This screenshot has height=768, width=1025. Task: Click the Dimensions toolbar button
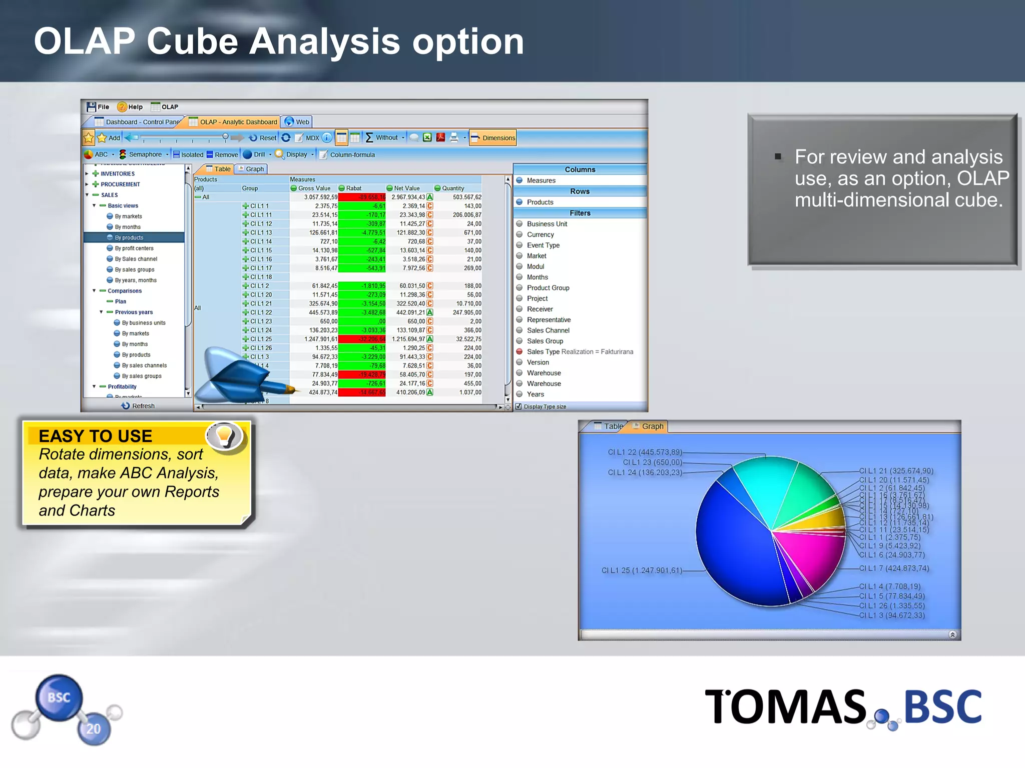click(x=493, y=138)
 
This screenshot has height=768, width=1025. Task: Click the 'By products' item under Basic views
click(x=129, y=237)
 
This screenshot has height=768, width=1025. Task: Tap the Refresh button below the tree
click(x=139, y=406)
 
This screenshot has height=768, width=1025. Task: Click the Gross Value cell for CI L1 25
click(x=321, y=339)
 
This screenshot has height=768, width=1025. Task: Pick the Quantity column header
click(x=452, y=188)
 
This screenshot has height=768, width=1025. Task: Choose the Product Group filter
click(x=548, y=288)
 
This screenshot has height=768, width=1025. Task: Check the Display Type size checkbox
click(x=519, y=406)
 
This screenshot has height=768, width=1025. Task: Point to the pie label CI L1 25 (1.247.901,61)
click(x=642, y=570)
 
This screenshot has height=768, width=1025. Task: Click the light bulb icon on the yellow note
click(x=224, y=435)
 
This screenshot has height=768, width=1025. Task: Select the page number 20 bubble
click(x=94, y=729)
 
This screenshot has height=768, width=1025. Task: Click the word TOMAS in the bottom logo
click(x=785, y=706)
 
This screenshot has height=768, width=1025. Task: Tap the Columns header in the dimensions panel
click(x=580, y=169)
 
